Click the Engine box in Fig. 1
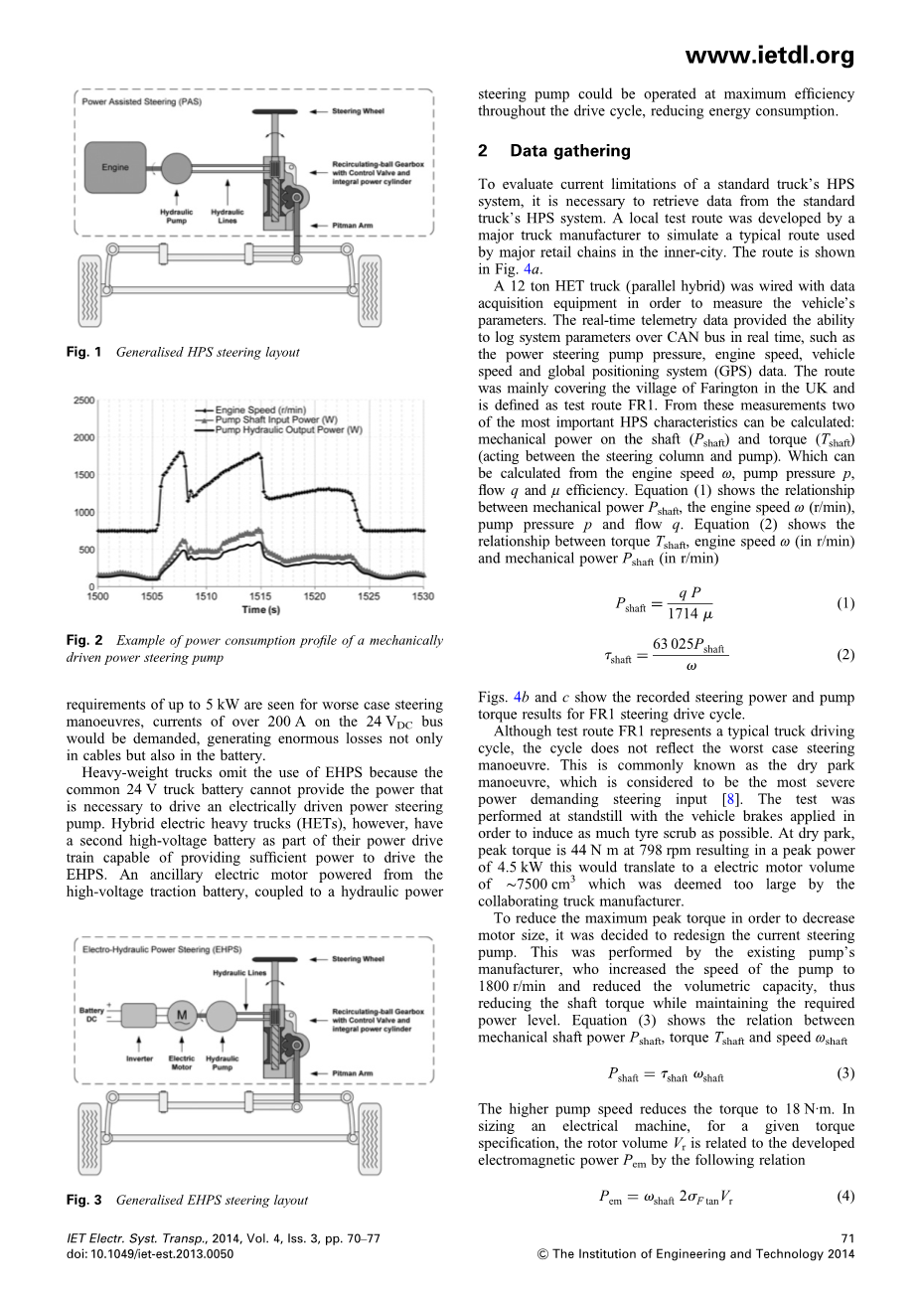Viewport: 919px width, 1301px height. coord(115,167)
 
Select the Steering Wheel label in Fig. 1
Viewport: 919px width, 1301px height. coord(358,111)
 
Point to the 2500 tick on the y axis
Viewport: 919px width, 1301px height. coord(83,401)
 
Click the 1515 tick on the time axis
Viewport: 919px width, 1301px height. coord(260,596)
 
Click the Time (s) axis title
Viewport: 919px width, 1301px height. coord(260,609)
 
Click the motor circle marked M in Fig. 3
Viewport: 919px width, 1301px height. coord(182,1015)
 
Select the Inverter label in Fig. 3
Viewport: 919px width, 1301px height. coord(139,1058)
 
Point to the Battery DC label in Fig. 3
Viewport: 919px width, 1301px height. coord(91,1016)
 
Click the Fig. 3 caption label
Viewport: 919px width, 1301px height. coord(84,1200)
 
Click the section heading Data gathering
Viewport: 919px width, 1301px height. coord(569,151)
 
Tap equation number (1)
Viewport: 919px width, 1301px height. coord(844,603)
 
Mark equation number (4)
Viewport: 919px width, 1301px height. coord(844,1196)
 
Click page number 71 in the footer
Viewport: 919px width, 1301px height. coord(845,1238)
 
